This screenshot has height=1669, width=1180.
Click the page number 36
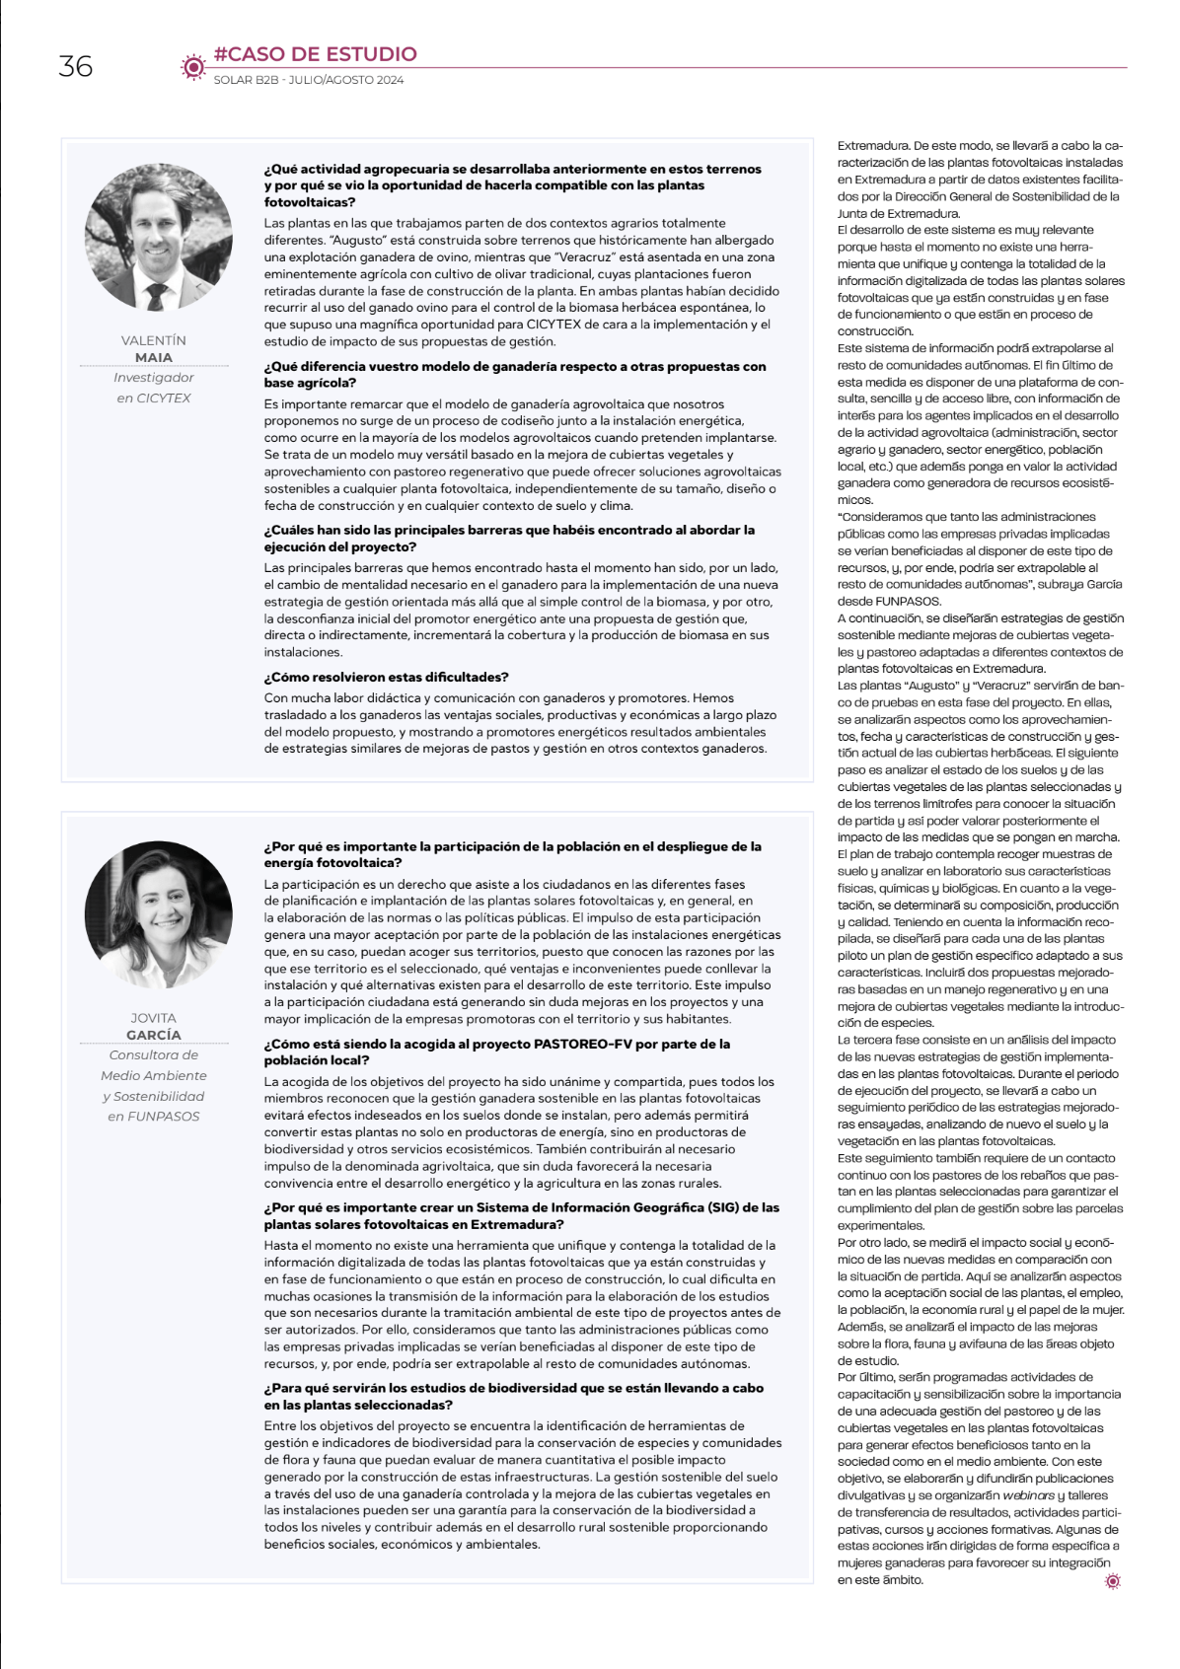click(x=75, y=67)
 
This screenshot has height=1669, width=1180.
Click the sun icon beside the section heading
click(x=192, y=66)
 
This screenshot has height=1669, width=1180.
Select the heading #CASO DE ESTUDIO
click(x=315, y=54)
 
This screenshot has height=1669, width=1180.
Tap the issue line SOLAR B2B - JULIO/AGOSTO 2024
click(x=308, y=80)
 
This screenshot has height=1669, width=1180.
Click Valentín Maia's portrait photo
click(x=158, y=237)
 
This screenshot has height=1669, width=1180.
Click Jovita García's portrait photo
click(x=158, y=914)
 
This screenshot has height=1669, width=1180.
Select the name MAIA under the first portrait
click(x=154, y=357)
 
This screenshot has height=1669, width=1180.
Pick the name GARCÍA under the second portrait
click(x=154, y=1035)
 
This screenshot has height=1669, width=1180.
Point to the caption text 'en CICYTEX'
click(x=154, y=399)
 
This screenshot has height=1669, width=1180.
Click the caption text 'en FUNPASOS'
click(x=154, y=1117)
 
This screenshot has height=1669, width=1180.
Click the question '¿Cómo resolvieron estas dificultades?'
click(x=386, y=678)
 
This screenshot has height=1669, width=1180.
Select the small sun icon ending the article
click(x=1113, y=1581)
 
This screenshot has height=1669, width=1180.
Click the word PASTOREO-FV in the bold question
click(x=582, y=1044)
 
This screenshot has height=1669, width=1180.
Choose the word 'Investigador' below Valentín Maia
click(x=154, y=378)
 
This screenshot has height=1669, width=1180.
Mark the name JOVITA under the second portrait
click(x=154, y=1018)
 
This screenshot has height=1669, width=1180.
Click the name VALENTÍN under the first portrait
click(x=154, y=340)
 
